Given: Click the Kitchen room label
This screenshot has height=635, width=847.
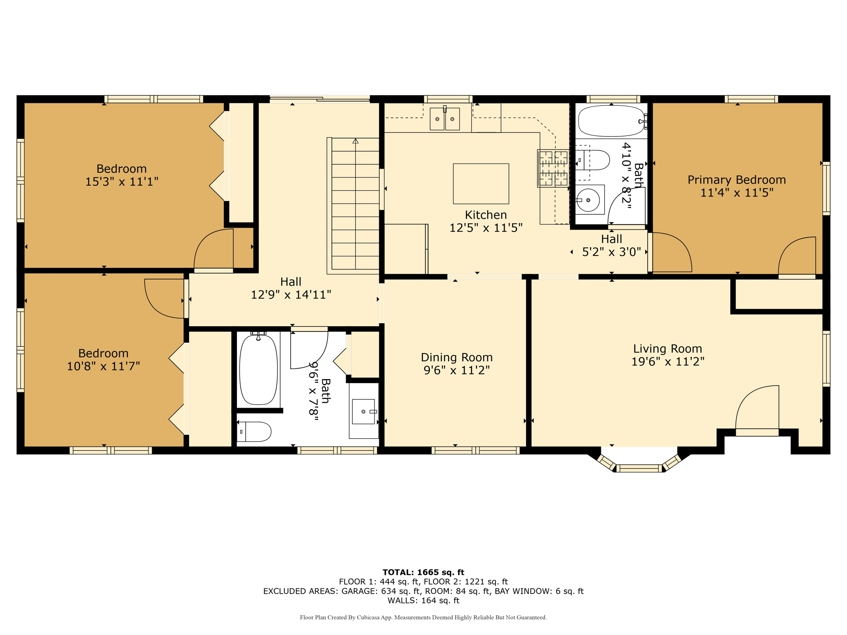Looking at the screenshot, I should tap(486, 215).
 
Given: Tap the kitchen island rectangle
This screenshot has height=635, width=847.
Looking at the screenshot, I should tap(481, 184).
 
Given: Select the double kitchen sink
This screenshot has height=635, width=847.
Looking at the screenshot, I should tap(445, 119).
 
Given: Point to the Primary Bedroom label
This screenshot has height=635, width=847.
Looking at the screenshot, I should tap(737, 180).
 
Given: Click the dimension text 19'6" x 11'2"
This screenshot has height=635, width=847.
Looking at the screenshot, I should tap(668, 362).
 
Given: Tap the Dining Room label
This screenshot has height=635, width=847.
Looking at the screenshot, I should tap(457, 357).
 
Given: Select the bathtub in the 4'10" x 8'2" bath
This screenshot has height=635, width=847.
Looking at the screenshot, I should tap(611, 121).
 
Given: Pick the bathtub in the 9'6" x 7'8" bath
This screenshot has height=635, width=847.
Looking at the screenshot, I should tap(258, 370).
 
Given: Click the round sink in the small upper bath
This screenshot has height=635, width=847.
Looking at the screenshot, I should tap(588, 200).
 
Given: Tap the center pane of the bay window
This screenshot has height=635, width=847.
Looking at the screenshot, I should tap(639, 468).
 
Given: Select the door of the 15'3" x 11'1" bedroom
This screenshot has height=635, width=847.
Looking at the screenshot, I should tap(214, 251).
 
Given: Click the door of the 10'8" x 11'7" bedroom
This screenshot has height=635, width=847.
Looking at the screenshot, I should tap(165, 298).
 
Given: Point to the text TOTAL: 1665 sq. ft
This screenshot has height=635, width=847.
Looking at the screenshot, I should tap(423, 572).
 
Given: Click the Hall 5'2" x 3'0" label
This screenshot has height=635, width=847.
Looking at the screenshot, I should tap(611, 245).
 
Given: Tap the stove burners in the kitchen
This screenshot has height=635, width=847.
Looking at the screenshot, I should tap(553, 168).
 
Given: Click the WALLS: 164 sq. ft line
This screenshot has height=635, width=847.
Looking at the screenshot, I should tap(423, 601).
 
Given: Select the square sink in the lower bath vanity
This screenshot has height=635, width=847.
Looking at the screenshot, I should tap(364, 411).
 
